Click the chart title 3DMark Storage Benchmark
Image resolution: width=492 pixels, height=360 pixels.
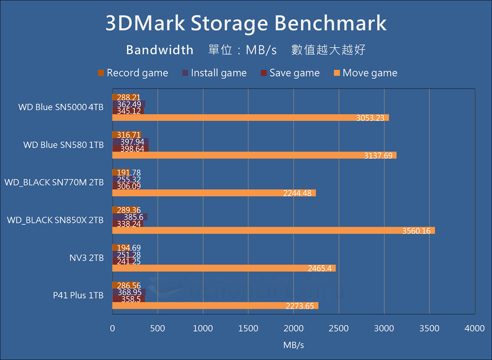[x=246, y=24]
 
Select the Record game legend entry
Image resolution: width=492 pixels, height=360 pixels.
[x=133, y=73]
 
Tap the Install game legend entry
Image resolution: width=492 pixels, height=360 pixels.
[x=214, y=73]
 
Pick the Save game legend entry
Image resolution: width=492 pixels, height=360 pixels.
[x=290, y=73]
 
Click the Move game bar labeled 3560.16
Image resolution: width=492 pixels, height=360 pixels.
[x=274, y=231]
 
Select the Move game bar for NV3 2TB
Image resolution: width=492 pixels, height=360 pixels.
[x=224, y=268]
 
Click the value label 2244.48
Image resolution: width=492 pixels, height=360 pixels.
[x=297, y=193]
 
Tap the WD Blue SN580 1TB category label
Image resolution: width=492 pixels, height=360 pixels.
[x=63, y=145]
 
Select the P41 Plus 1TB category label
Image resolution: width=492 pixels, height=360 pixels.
[x=78, y=296]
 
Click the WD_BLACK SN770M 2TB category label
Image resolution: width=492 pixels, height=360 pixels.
[x=54, y=182]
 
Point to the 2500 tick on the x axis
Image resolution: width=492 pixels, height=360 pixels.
[x=338, y=329]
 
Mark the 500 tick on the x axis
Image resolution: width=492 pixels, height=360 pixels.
[x=157, y=329]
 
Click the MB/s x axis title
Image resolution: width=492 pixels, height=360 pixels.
[x=294, y=345]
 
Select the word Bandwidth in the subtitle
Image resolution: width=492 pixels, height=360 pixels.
[x=159, y=50]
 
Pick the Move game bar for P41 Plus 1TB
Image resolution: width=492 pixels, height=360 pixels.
[x=215, y=306]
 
